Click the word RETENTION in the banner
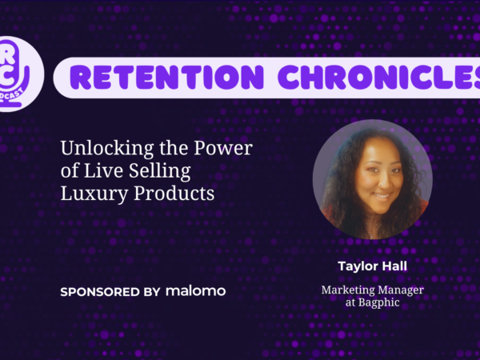click(167, 77)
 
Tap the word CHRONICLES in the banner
click(379, 77)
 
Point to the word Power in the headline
click(223, 148)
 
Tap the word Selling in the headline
click(159, 172)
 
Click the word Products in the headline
click(174, 193)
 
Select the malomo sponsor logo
click(196, 291)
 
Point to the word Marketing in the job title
click(348, 290)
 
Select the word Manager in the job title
click(401, 290)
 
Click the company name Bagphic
click(378, 302)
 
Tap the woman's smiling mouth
click(382, 196)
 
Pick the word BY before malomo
click(152, 292)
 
